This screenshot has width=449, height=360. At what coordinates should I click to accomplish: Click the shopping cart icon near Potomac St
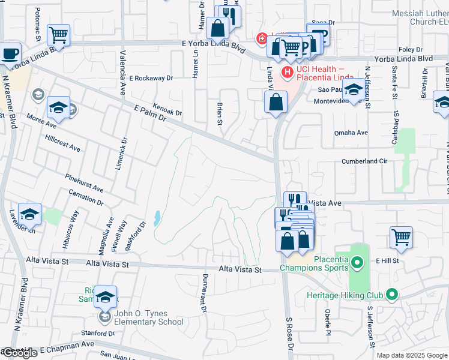[58, 35]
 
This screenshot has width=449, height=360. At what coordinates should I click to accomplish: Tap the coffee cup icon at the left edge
[10, 53]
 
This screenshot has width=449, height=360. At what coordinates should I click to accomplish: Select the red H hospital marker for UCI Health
[287, 72]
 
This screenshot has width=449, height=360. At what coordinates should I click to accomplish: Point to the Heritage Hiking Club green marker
[392, 295]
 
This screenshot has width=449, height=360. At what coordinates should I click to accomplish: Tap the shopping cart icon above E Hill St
[401, 236]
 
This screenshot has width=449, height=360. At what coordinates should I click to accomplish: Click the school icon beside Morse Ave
[58, 107]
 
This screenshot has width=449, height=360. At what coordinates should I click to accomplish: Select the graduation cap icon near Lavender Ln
[29, 214]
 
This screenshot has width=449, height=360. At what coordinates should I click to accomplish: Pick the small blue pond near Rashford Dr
[157, 218]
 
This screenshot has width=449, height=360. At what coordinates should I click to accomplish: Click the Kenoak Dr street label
[167, 108]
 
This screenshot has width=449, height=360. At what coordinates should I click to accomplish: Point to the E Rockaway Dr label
[151, 78]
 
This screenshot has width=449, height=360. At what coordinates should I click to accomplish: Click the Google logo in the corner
[19, 353]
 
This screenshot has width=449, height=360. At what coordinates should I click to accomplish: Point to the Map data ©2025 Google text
[412, 355]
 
